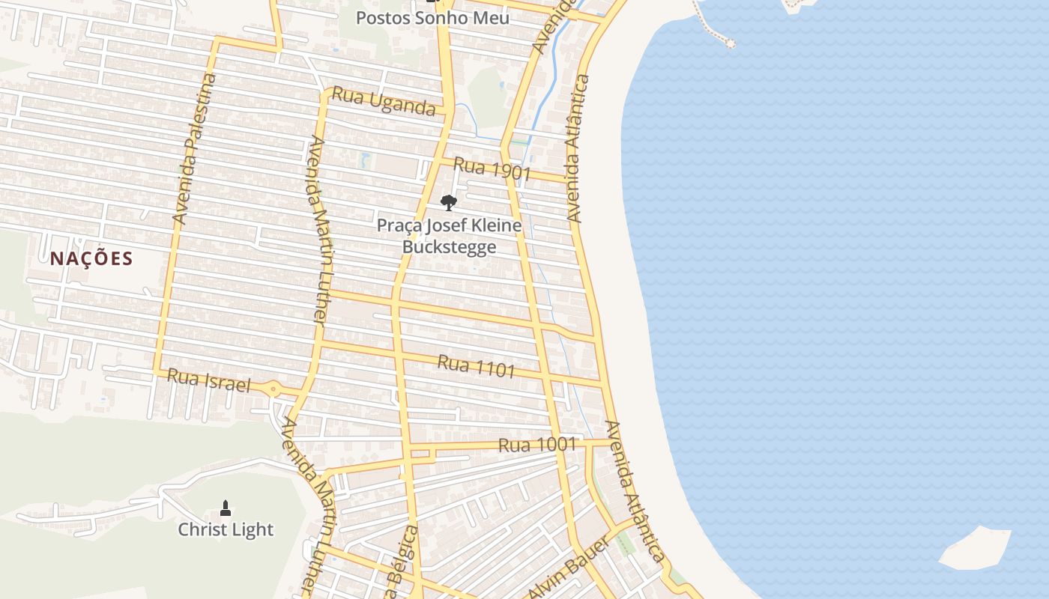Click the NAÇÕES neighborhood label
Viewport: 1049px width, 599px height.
click(x=91, y=259)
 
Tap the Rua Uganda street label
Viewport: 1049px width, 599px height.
click(x=383, y=102)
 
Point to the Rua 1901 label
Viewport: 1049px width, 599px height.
click(x=492, y=169)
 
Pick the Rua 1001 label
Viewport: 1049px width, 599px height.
click(x=537, y=445)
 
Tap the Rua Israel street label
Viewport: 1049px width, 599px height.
click(x=208, y=380)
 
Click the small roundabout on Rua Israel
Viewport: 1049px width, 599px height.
click(x=273, y=389)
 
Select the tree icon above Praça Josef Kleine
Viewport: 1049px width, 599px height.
click(x=448, y=202)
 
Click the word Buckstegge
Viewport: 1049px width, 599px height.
click(x=449, y=246)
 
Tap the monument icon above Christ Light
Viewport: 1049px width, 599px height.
click(x=226, y=509)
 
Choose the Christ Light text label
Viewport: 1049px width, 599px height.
click(x=226, y=530)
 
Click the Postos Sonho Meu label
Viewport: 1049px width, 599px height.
click(x=432, y=18)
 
